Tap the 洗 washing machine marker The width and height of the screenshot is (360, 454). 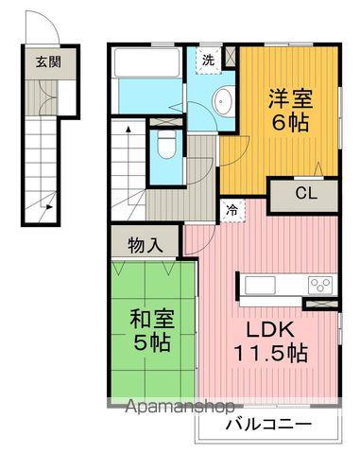pyautogui.click(x=209, y=60)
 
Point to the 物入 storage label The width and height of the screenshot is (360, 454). pyautogui.click(x=146, y=242)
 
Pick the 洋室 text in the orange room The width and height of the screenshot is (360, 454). pyautogui.click(x=289, y=97)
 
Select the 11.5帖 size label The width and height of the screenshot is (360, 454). pyautogui.click(x=270, y=356)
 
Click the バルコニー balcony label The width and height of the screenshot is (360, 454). pyautogui.click(x=268, y=423)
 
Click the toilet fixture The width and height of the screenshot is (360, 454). pyautogui.click(x=165, y=143)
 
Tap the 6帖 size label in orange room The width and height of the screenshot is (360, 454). pyautogui.click(x=290, y=123)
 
